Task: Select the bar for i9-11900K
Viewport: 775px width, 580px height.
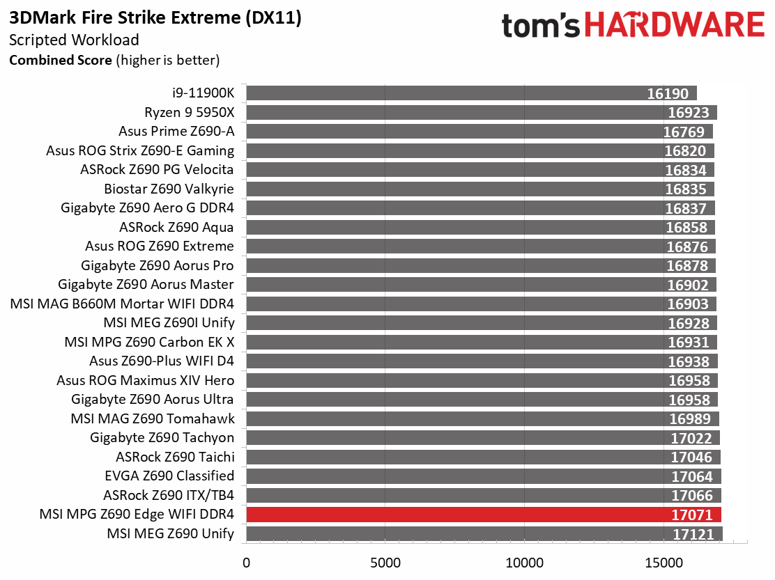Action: (x=471, y=93)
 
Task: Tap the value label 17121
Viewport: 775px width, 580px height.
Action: (x=694, y=534)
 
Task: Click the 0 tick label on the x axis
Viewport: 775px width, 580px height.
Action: (x=246, y=562)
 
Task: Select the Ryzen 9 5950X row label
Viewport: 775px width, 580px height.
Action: (x=190, y=112)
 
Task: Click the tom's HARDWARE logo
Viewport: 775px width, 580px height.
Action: (x=633, y=26)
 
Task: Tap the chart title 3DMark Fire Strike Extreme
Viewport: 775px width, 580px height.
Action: (x=155, y=18)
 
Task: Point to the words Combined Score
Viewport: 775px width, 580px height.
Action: (x=60, y=60)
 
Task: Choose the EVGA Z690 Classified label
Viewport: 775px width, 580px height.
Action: (x=169, y=476)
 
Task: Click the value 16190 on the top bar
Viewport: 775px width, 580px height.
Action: (x=667, y=94)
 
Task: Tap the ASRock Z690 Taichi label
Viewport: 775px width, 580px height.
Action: (x=175, y=457)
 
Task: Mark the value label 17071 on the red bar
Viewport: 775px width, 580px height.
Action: (x=692, y=515)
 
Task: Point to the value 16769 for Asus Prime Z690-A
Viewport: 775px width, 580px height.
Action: (x=684, y=132)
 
